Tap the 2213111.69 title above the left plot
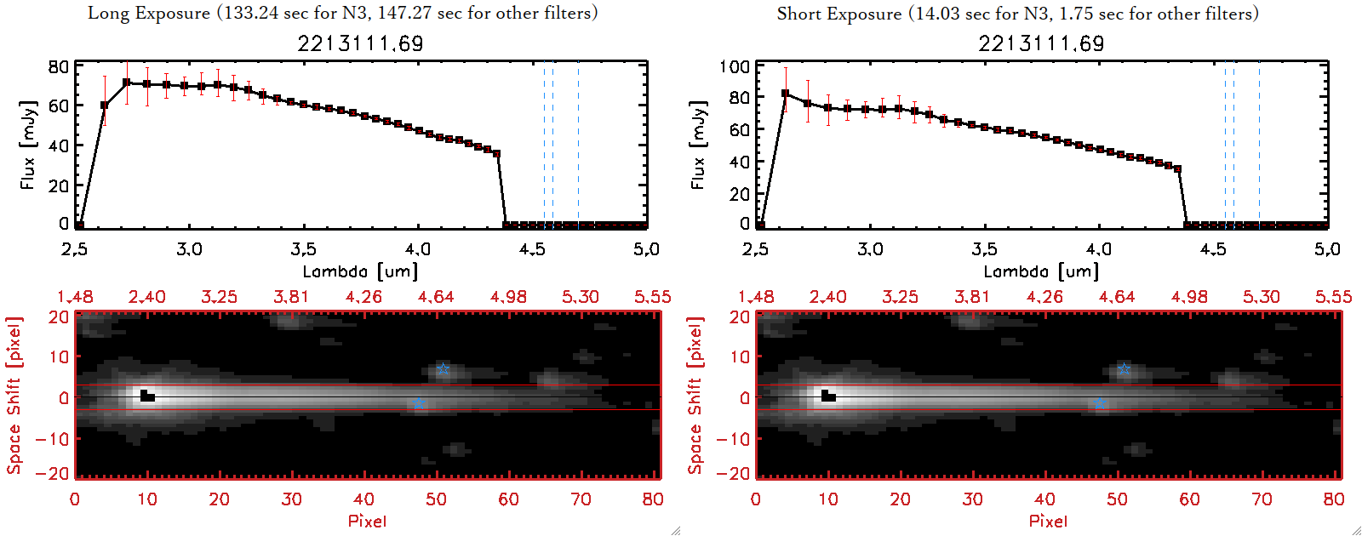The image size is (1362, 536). [360, 43]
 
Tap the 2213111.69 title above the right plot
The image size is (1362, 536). [1041, 43]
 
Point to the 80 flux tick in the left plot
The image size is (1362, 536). [58, 66]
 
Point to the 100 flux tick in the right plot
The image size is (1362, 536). [735, 66]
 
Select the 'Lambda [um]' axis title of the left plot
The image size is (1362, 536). [360, 271]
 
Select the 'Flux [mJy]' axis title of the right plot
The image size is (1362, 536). [699, 145]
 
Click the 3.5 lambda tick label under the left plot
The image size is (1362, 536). [303, 249]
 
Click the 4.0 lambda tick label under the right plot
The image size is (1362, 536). [1099, 249]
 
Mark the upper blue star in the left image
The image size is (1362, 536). [443, 369]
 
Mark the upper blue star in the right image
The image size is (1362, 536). [1124, 369]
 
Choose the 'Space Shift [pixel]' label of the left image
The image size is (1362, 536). [14, 396]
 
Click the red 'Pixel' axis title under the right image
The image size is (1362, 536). [1048, 521]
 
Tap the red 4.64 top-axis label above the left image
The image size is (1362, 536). [436, 297]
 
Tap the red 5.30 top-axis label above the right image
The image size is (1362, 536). [1261, 297]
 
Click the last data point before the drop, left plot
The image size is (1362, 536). [497, 154]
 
